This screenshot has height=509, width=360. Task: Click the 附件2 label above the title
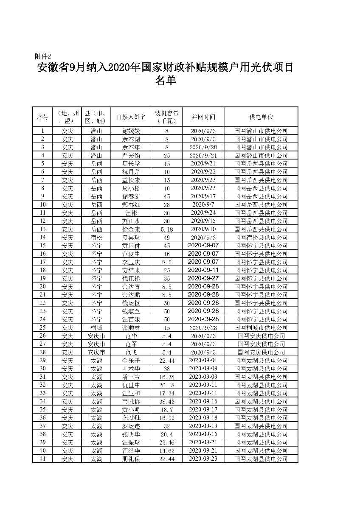42,56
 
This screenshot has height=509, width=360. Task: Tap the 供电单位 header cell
261,117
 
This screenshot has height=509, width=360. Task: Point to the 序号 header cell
42,117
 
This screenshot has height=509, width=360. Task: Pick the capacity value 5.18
167,229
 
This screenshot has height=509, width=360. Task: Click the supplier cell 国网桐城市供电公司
261,328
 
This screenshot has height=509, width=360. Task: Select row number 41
42,459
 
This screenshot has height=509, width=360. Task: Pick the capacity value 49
167,238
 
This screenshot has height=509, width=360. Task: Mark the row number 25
42,328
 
